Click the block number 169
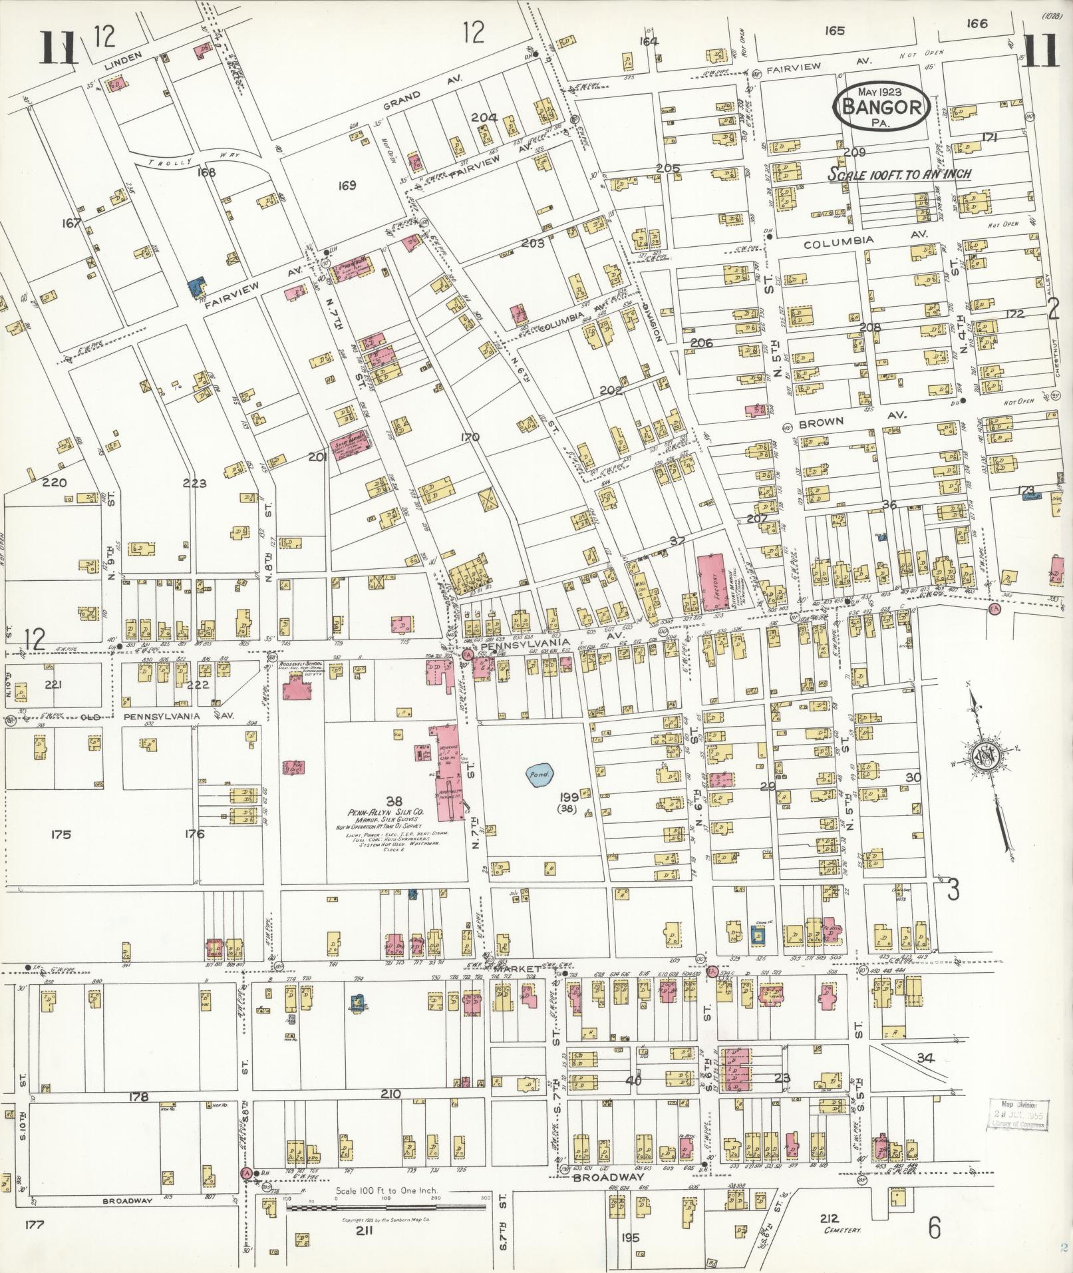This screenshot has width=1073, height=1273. click(347, 185)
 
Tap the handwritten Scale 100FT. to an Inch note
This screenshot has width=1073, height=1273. click(899, 175)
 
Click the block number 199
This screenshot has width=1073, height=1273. click(567, 797)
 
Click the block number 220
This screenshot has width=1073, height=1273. click(55, 483)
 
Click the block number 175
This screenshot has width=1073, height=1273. click(61, 834)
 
